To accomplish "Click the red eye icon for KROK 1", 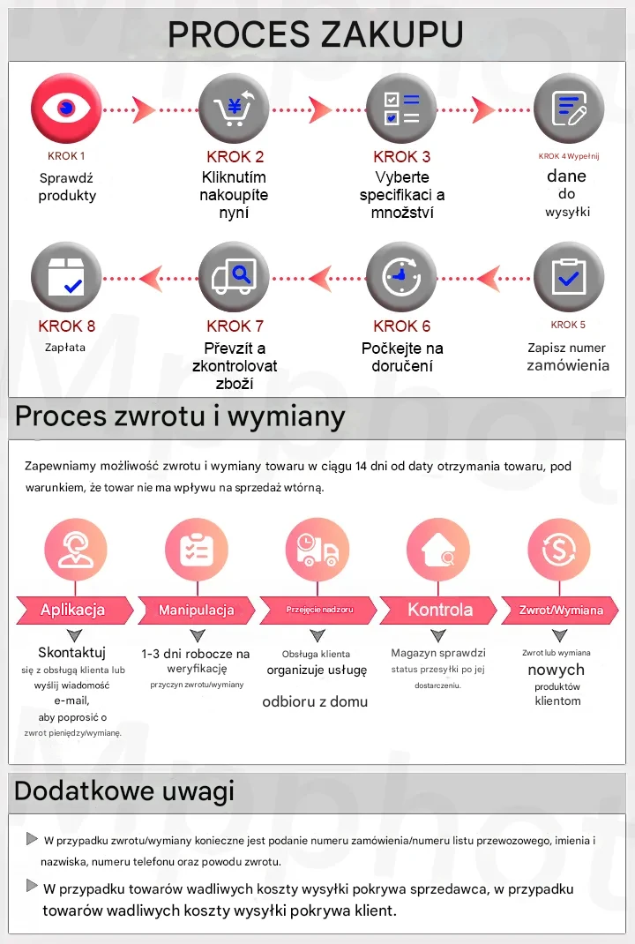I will [66, 109].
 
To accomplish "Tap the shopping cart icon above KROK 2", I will [234, 109].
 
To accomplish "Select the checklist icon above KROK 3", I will [401, 109].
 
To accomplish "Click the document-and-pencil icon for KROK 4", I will [569, 109].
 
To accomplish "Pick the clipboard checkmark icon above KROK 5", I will [569, 277].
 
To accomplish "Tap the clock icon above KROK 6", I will [401, 277].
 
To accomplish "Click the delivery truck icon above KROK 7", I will [234, 277].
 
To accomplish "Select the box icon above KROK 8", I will [66, 277].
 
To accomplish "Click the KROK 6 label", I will [401, 326].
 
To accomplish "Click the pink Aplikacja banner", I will [73, 610].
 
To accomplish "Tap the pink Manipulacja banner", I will [196, 610].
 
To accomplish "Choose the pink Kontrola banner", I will [439, 610].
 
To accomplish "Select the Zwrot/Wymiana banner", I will [561, 610].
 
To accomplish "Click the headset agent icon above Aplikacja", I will [75, 550].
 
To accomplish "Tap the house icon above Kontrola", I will [438, 550].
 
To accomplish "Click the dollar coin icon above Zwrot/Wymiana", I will [559, 550].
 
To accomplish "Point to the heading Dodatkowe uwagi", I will [124, 790].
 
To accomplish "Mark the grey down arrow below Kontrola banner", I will [439, 635].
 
